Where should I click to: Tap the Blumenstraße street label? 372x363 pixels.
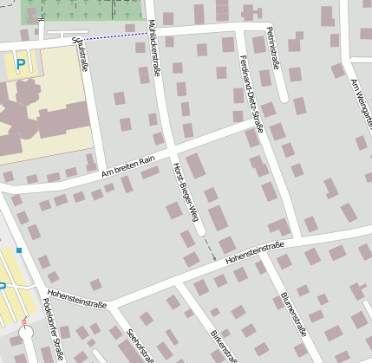point(293,313)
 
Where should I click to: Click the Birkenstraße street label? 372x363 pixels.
point(223,345)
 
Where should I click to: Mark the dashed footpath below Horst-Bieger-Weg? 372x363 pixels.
point(208,249)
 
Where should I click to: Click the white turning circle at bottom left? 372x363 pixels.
point(26,333)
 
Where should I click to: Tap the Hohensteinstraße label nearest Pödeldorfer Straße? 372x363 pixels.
point(77,300)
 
